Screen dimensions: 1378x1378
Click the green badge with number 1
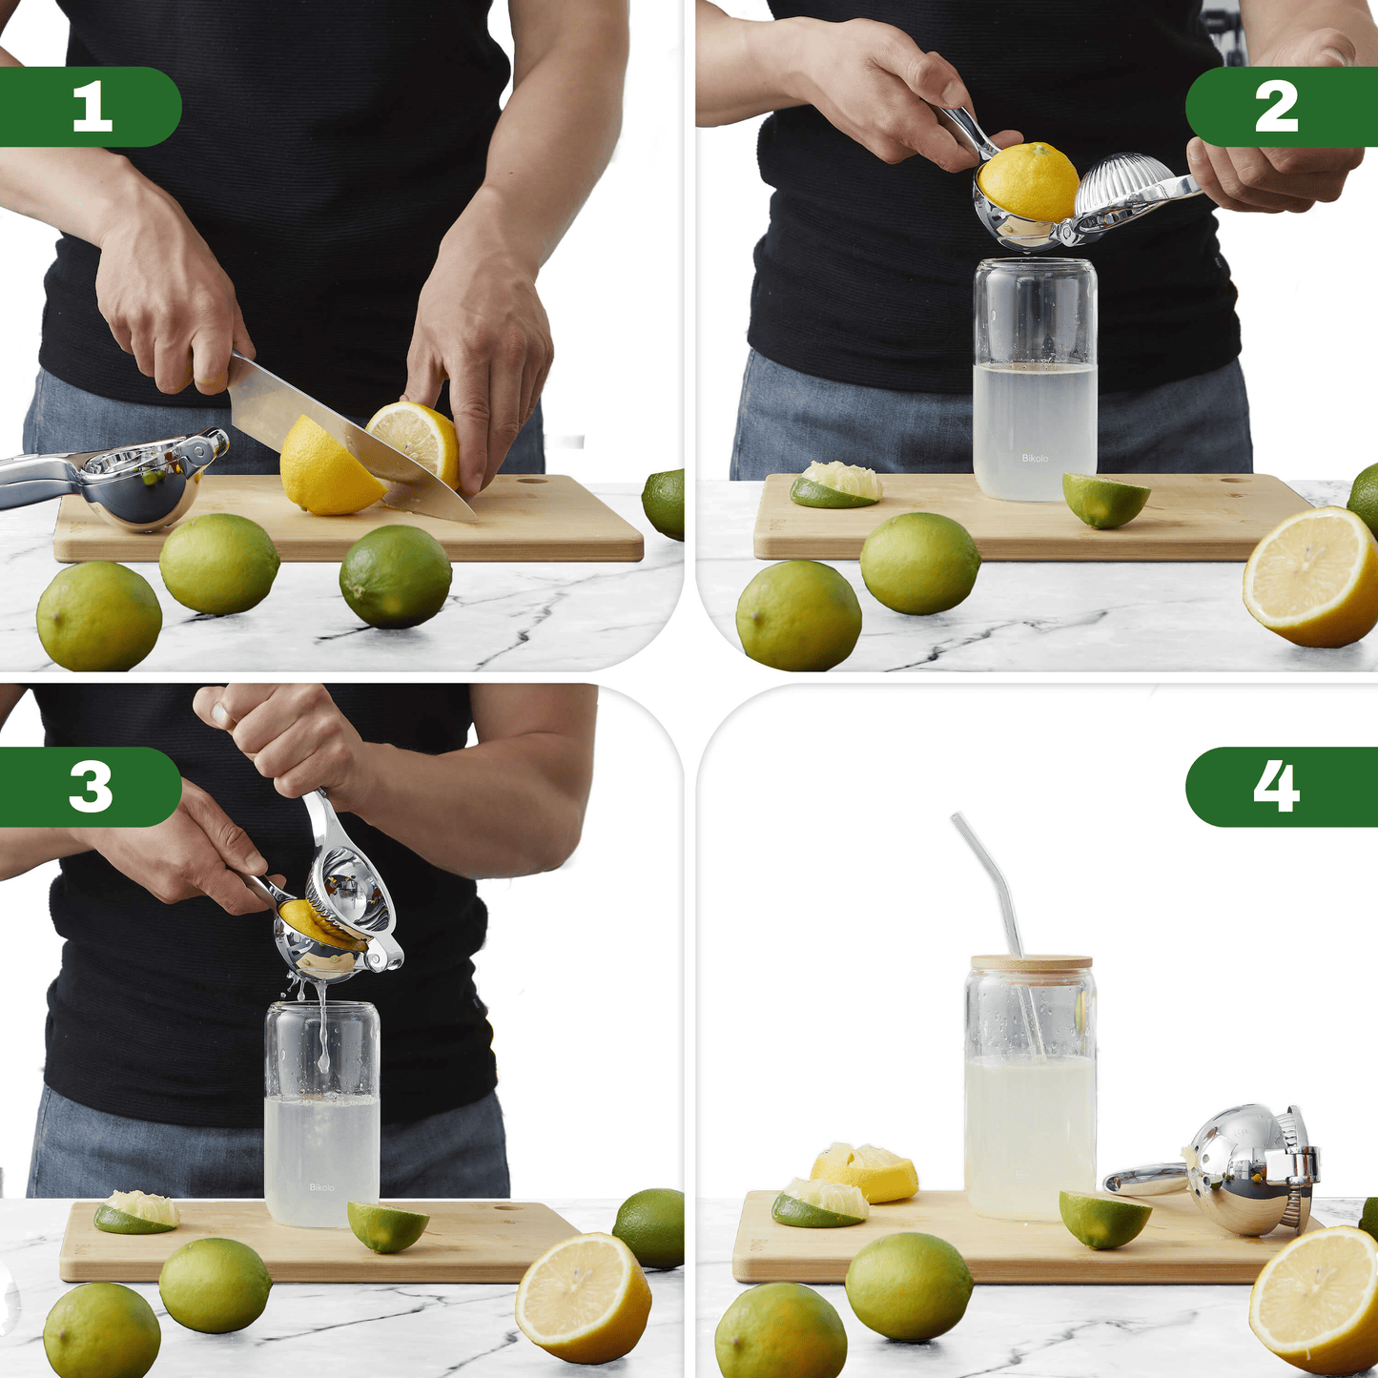click(x=90, y=107)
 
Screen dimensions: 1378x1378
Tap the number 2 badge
click(x=1282, y=107)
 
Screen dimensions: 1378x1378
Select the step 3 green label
click(x=90, y=787)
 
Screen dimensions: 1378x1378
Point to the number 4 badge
click(x=1282, y=787)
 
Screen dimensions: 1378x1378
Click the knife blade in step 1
click(x=350, y=436)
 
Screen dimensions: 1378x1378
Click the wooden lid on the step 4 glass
click(x=1031, y=963)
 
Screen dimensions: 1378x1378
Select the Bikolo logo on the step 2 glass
click(x=1034, y=458)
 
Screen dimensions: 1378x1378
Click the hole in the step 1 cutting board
click(x=530, y=481)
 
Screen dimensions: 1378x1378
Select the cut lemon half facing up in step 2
click(x=1310, y=576)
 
